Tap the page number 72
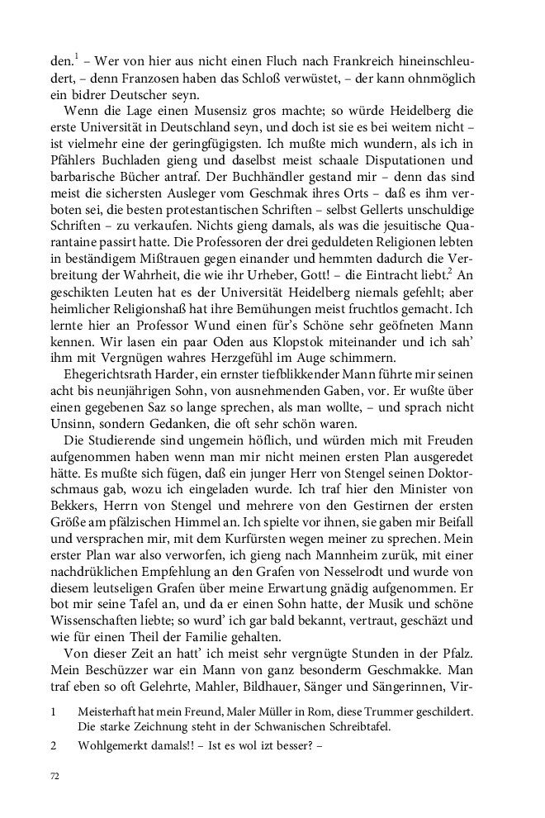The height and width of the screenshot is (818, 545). point(56,777)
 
